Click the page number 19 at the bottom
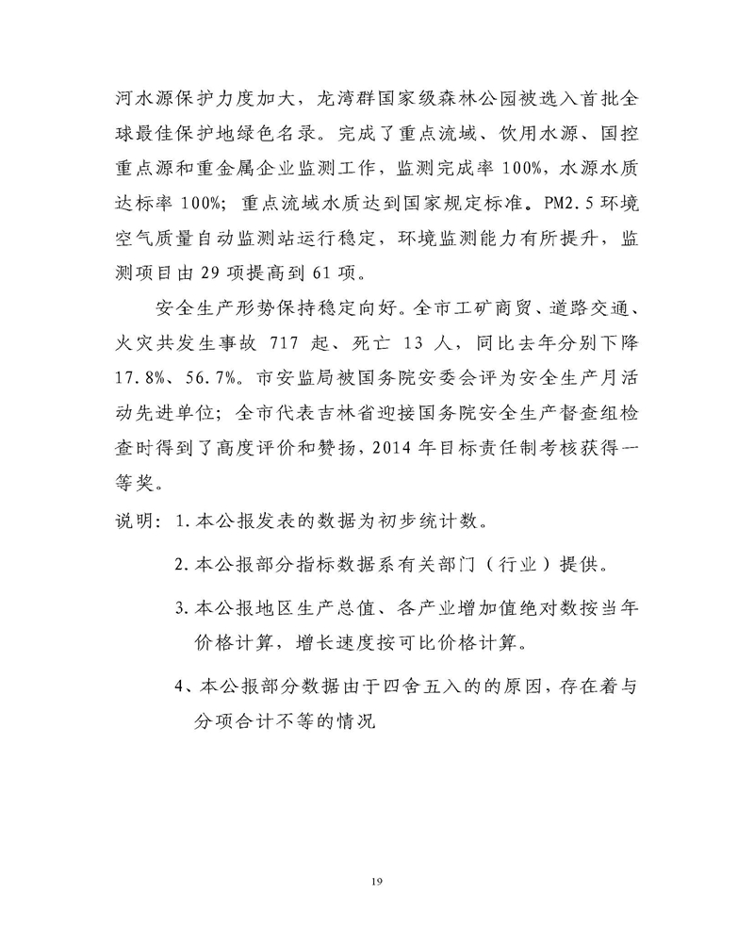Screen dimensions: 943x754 [377, 881]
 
